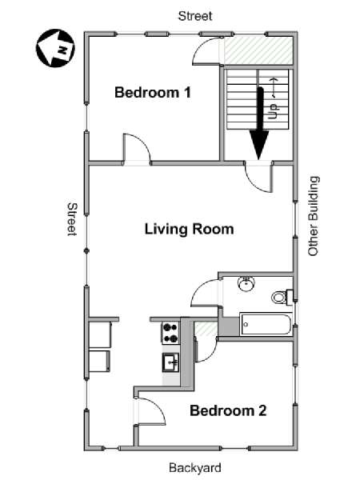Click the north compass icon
54,49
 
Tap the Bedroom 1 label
153,92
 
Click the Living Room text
189,230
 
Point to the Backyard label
194,468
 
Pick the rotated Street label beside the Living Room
71,218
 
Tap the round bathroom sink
246,284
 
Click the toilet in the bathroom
280,297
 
